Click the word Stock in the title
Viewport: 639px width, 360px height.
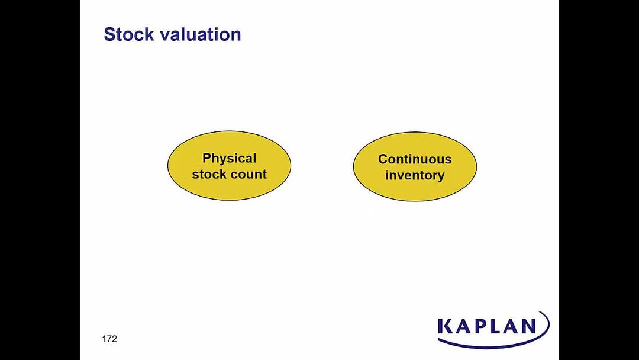tap(129, 34)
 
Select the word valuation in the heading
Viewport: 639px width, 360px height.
tap(201, 34)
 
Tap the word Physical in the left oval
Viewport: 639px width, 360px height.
tap(230, 159)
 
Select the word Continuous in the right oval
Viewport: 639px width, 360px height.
tap(415, 159)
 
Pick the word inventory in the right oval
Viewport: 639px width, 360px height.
tap(415, 176)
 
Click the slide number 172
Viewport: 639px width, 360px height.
tap(109, 339)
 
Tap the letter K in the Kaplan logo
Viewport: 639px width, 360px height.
tap(446, 327)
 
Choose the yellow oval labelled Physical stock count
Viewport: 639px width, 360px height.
tap(229, 166)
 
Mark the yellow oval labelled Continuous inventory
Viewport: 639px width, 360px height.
tap(415, 166)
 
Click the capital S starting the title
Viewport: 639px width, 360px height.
tap(109, 34)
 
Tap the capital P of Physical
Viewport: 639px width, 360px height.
tap(206, 157)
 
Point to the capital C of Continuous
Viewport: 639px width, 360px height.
tap(383, 159)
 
